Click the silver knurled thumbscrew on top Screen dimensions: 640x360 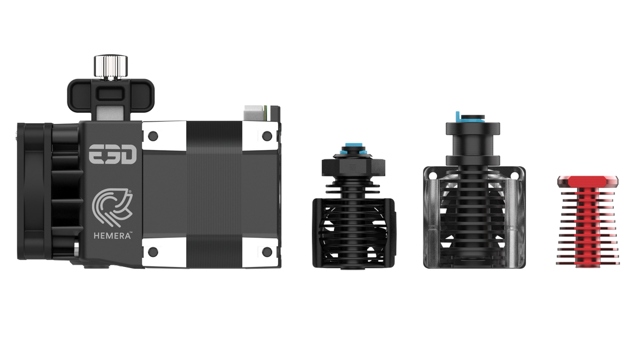click(111, 67)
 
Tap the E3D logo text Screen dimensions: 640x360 click(113, 154)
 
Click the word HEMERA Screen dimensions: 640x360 click(112, 236)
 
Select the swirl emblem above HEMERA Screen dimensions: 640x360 click(112, 208)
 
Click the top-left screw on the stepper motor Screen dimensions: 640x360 click(153, 136)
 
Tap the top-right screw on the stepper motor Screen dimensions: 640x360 click(267, 136)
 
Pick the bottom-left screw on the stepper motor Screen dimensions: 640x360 click(153, 252)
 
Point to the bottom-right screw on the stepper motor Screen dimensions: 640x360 click(267, 252)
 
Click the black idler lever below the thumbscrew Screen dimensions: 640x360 click(111, 95)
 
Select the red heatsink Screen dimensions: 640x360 click(588, 221)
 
